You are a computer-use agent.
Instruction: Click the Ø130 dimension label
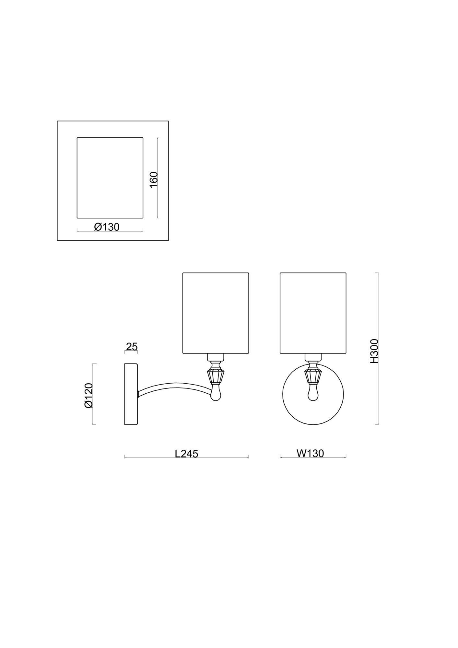point(107,227)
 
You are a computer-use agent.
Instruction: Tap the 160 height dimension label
point(154,179)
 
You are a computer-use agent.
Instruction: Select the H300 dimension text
point(374,351)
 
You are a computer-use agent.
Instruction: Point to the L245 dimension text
point(186,454)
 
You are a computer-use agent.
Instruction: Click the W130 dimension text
point(310,453)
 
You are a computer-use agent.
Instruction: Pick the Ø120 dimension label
point(88,395)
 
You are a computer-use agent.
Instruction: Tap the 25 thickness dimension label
point(132,347)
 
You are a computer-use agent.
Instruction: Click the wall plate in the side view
point(131,394)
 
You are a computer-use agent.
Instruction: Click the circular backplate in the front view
point(283,394)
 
